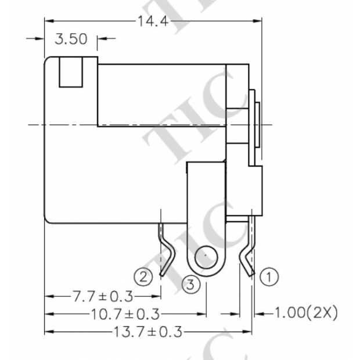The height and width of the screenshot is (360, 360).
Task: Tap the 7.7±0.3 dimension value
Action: [102, 296]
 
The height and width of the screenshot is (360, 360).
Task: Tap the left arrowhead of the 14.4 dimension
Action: [49, 21]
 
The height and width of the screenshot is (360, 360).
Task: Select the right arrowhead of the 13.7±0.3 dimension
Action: [249, 332]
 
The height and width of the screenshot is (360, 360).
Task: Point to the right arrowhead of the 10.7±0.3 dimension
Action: [203, 314]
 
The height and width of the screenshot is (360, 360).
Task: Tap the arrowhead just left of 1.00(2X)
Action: [258, 314]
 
